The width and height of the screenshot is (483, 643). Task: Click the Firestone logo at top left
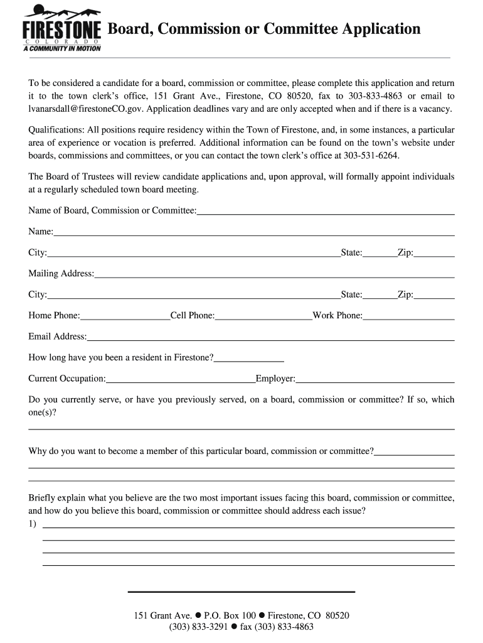pos(61,28)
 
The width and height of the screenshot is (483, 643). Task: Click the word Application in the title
pos(380,29)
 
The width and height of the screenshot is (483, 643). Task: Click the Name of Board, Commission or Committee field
pos(326,211)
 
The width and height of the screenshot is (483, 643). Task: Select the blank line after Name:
pos(253,232)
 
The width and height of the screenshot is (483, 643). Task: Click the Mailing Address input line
pos(273,274)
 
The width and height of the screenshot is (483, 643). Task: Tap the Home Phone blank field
pos(125,316)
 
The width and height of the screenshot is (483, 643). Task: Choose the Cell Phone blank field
pos(263,316)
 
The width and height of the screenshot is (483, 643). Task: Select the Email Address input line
pos(270,337)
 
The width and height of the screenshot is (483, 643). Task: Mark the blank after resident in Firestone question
pos(249,359)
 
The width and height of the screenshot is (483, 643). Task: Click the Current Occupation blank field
pos(181,379)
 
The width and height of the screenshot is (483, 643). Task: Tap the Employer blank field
pos(374,379)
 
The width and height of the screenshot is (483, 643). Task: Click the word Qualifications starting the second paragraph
pos(56,130)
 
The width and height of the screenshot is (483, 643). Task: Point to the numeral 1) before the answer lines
pos(33,524)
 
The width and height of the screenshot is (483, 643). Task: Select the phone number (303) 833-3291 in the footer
pos(198,627)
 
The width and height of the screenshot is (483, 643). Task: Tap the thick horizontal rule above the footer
pos(242,592)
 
